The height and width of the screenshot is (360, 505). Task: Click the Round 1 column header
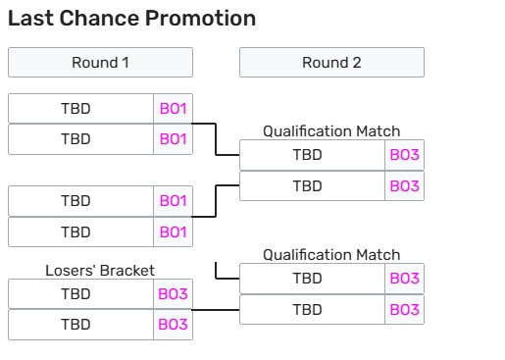[100, 63]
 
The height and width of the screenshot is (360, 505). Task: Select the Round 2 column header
[331, 63]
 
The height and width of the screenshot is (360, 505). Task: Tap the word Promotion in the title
[200, 18]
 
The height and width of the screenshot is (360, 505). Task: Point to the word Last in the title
[30, 18]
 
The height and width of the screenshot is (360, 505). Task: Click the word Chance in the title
[99, 18]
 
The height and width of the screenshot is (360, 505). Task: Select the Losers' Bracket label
[100, 271]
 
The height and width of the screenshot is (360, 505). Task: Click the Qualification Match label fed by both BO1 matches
[331, 131]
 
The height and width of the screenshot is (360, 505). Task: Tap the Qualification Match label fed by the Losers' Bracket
[331, 255]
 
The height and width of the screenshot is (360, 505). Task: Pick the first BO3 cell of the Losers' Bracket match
[173, 294]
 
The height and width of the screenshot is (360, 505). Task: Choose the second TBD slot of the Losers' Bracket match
[80, 325]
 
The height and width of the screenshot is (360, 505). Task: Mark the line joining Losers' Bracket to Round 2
[216, 310]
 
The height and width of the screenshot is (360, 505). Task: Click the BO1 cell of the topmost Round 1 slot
[173, 109]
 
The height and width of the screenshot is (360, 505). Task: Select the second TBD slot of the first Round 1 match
[80, 139]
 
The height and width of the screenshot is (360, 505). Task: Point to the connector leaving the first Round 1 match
[216, 139]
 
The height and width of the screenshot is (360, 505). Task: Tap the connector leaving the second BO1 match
[216, 201]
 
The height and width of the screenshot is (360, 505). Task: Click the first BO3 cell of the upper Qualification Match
[404, 155]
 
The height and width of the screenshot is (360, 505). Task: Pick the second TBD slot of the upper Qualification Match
[312, 186]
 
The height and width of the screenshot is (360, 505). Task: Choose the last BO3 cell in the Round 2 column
[404, 310]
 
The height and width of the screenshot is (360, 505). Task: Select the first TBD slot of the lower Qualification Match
[312, 279]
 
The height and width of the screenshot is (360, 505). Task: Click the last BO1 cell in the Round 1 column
[173, 232]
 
